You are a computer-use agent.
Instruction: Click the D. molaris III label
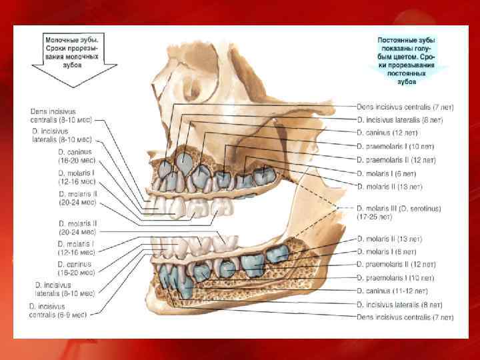click(379, 209)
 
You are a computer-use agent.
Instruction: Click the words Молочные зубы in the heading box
click(67, 41)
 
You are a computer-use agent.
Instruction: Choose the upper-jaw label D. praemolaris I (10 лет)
click(395, 146)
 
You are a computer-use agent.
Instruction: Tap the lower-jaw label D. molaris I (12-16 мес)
click(75, 249)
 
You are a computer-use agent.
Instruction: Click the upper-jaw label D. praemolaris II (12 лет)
click(396, 159)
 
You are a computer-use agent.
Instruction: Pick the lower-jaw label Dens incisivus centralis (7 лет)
click(405, 317)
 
